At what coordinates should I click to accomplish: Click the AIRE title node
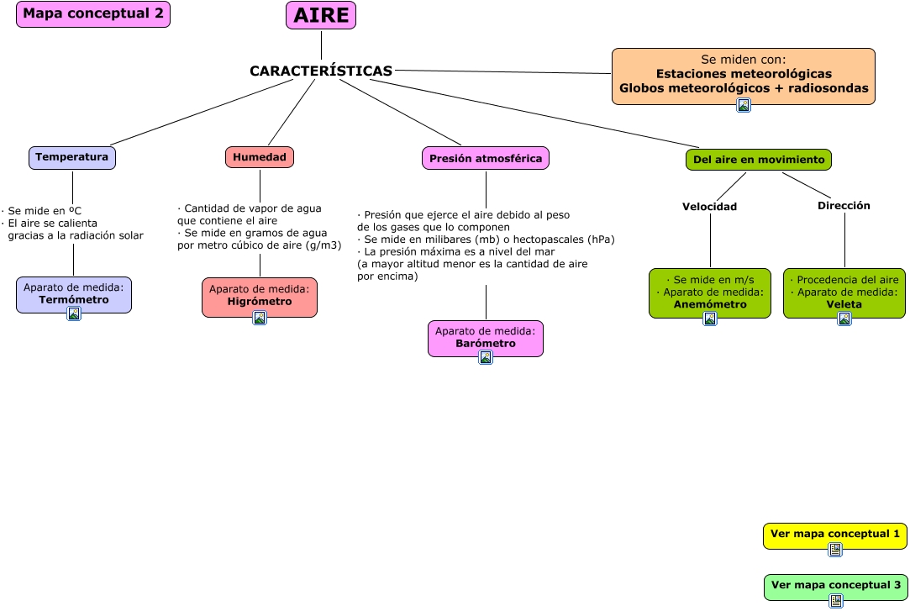[x=321, y=15]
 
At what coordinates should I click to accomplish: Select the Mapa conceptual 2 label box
[x=93, y=14]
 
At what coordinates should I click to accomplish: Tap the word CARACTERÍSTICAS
[x=321, y=71]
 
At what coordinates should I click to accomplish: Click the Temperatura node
[x=72, y=157]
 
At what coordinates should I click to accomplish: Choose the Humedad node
[x=260, y=157]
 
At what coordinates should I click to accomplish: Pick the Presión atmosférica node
[x=486, y=158]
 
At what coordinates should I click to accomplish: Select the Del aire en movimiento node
[x=759, y=160]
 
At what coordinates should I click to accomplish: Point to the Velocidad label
[x=709, y=207]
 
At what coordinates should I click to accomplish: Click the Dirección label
[x=844, y=206]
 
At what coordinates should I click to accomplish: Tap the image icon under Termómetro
[x=74, y=313]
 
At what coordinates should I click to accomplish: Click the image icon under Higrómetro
[x=260, y=318]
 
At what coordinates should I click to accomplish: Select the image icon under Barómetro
[x=486, y=357]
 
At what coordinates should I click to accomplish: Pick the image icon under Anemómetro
[x=710, y=319]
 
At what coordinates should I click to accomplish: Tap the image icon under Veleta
[x=844, y=319]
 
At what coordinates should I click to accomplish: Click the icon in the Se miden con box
[x=744, y=105]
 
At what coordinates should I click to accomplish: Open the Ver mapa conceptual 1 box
[x=834, y=535]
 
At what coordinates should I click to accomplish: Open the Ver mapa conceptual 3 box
[x=835, y=586]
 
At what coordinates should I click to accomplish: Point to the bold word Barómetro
[x=486, y=344]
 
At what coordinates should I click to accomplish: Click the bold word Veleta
[x=844, y=304]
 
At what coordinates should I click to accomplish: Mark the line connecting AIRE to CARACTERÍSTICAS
[x=321, y=45]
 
